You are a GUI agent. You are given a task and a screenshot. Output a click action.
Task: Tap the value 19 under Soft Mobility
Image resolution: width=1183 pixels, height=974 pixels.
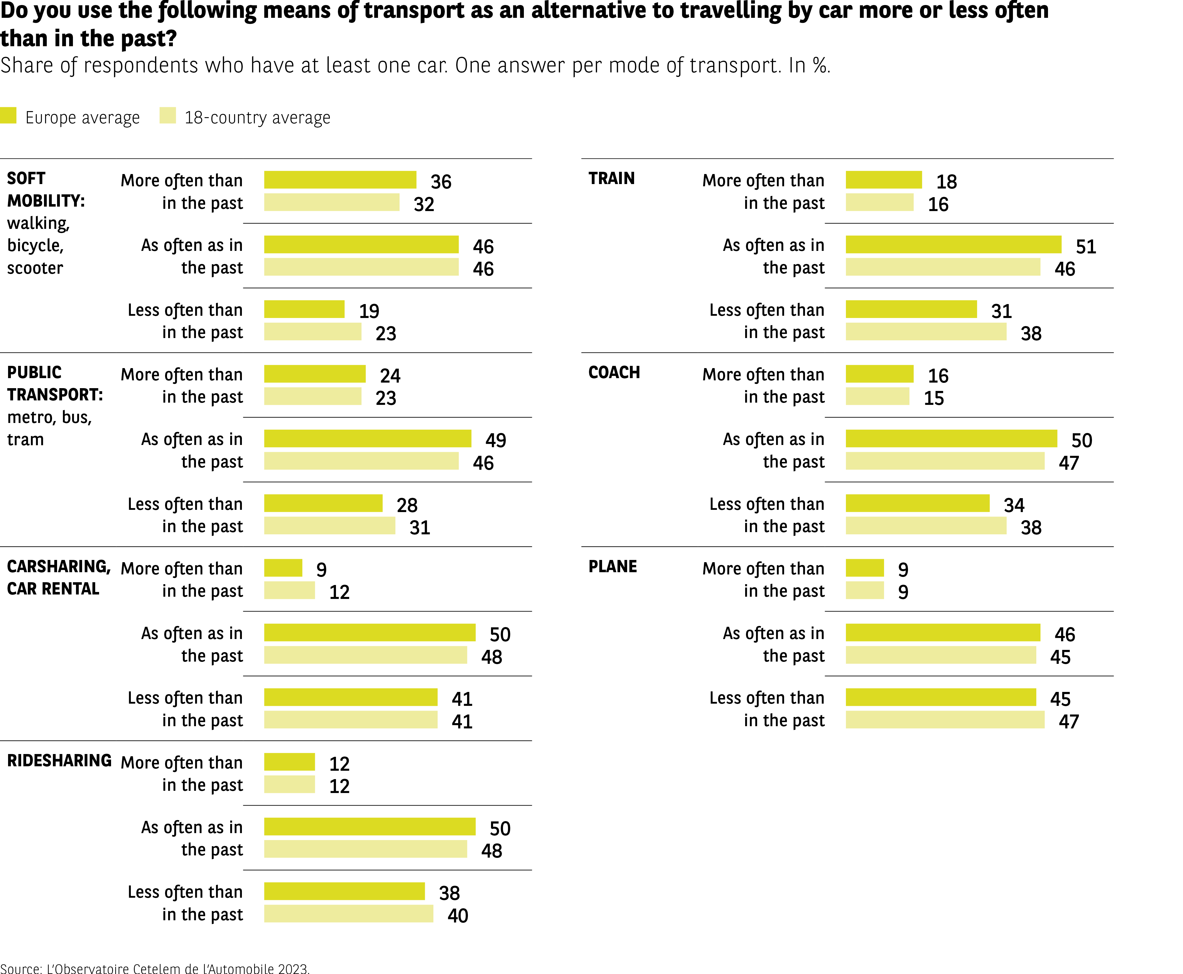pos(369,311)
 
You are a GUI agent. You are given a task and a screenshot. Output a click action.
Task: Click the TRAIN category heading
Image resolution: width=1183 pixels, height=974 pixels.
pos(612,178)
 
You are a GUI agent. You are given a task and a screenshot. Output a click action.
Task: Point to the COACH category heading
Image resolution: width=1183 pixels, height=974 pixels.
pos(614,373)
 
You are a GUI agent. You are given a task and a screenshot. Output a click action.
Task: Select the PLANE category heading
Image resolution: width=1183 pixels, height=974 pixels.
pos(613,567)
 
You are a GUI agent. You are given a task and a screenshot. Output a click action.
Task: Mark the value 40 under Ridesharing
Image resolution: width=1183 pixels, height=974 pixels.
pos(458,916)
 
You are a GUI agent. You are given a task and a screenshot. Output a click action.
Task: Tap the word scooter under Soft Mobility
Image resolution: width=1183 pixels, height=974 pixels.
pos(35,268)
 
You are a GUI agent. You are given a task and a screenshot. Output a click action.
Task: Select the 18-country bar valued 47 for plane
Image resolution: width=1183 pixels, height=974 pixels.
pos(945,720)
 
